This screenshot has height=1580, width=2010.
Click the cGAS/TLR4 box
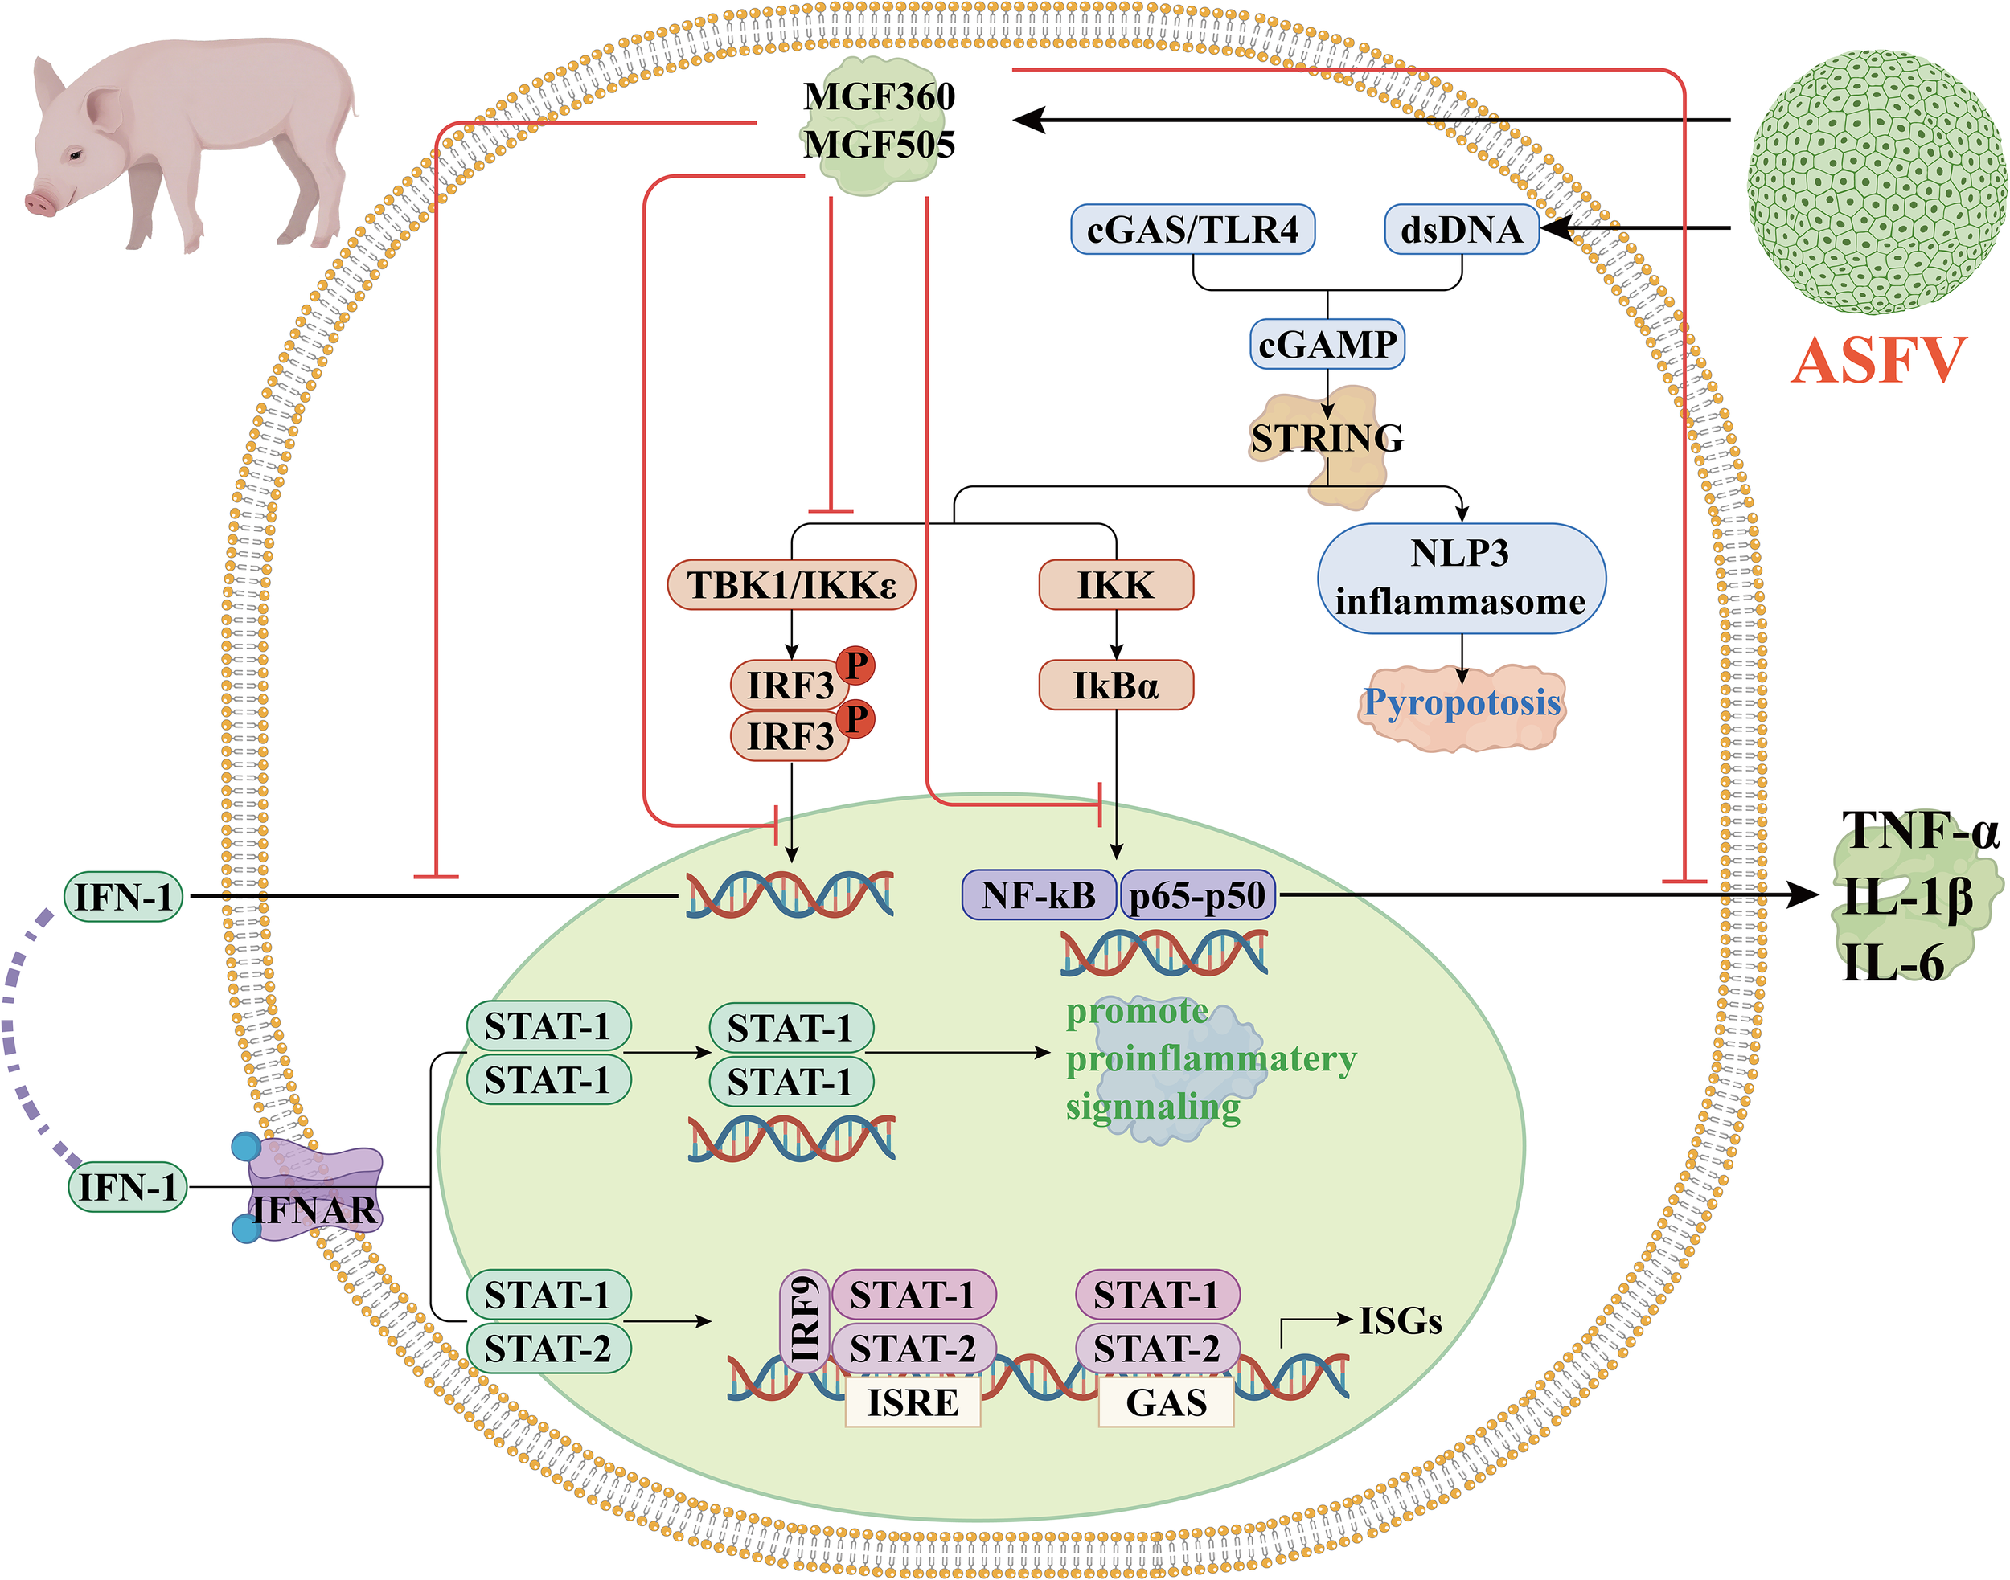coord(1192,229)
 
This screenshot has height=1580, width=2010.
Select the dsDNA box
coord(1461,229)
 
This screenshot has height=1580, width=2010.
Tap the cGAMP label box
coord(1327,344)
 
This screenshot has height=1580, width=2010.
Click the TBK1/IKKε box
coord(791,584)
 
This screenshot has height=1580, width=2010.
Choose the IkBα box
coord(1115,686)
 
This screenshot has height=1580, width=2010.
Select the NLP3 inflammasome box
coord(1460,578)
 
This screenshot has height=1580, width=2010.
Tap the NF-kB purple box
coord(1038,894)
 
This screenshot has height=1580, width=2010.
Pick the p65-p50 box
coord(1197,895)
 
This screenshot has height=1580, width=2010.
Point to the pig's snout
coord(39,202)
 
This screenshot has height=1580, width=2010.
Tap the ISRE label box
coord(913,1402)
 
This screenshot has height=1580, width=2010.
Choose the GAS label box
coord(1165,1402)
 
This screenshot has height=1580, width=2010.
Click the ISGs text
coord(1399,1321)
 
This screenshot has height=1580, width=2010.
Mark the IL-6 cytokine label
coord(1893,962)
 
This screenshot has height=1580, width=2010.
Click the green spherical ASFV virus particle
coord(1876,182)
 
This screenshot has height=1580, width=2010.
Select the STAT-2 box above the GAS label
coord(1157,1349)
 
